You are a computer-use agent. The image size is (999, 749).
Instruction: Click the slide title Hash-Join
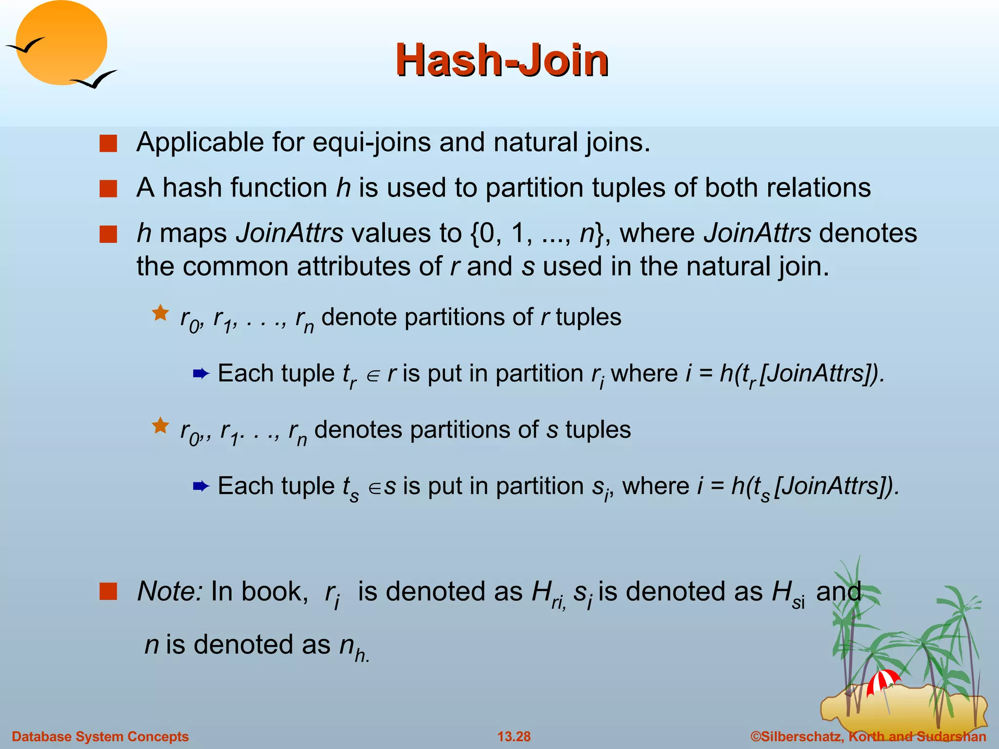point(502,60)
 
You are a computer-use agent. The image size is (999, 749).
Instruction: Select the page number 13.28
point(514,736)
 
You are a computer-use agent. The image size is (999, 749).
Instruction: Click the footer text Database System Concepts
point(100,736)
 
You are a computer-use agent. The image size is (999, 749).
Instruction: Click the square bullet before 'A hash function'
point(108,189)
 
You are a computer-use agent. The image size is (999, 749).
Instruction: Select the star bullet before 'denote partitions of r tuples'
point(160,313)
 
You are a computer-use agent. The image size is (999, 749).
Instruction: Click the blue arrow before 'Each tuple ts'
point(201,486)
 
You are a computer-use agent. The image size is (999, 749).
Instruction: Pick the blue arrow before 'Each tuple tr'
point(201,374)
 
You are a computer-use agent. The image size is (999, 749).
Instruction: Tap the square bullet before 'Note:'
point(108,591)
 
